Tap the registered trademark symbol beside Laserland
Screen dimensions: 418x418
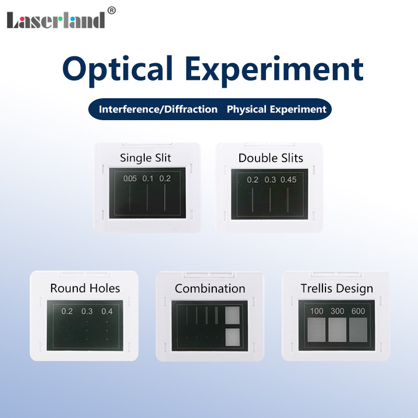[111, 9]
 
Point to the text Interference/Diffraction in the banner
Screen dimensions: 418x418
[158, 109]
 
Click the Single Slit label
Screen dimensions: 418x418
[145, 157]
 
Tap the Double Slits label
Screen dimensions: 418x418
[271, 157]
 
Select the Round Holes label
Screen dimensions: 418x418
[85, 288]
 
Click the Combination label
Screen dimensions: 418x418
[210, 288]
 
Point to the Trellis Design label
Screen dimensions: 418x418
[337, 288]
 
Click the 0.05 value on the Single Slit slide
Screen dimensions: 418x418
[130, 179]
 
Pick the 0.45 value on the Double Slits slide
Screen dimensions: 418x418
[288, 180]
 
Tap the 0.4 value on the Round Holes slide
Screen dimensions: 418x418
[107, 311]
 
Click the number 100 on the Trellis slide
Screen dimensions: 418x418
[317, 311]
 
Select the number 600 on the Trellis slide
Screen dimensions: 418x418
[358, 311]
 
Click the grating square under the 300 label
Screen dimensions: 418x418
[337, 330]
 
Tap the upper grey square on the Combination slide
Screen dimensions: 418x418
[231, 314]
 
